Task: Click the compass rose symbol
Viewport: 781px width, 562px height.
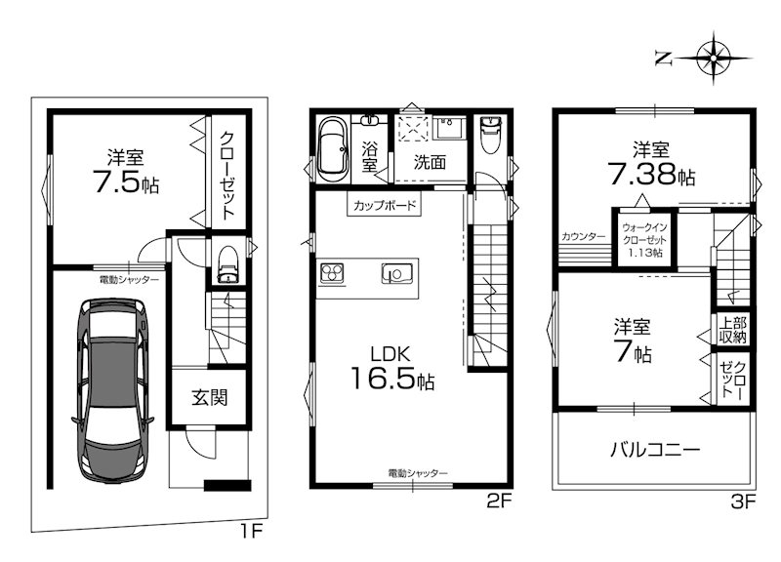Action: pyautogui.click(x=714, y=59)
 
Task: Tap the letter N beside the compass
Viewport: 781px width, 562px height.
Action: pyautogui.click(x=663, y=60)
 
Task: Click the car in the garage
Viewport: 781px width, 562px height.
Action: pyautogui.click(x=113, y=389)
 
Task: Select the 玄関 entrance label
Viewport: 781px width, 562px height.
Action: pyautogui.click(x=210, y=397)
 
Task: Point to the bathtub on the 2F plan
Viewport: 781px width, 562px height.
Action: pyautogui.click(x=332, y=150)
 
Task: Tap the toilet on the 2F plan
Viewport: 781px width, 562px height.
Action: pyautogui.click(x=489, y=134)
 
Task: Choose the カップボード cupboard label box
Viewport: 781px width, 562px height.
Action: pyautogui.click(x=384, y=205)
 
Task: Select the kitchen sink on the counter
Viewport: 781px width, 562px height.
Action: pyautogui.click(x=397, y=273)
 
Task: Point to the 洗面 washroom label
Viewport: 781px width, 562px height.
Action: pyautogui.click(x=430, y=162)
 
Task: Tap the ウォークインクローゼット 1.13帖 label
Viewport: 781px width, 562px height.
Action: pyautogui.click(x=644, y=240)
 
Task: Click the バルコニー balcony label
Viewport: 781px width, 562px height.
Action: pyautogui.click(x=655, y=450)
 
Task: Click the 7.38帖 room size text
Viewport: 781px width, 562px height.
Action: pyautogui.click(x=651, y=175)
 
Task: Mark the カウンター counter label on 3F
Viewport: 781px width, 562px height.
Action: pyautogui.click(x=583, y=236)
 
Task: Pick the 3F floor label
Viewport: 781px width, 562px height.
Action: pyautogui.click(x=743, y=502)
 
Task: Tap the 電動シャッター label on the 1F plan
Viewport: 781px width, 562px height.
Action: pyautogui.click(x=130, y=280)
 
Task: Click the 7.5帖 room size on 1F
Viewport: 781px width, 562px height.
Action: pyautogui.click(x=126, y=183)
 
